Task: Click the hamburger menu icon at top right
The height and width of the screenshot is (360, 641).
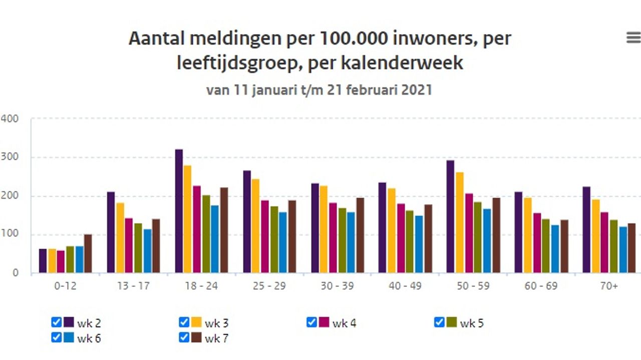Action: tap(633, 38)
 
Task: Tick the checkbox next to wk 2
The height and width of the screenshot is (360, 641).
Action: tap(56, 322)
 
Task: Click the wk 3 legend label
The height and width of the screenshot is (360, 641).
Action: tap(216, 323)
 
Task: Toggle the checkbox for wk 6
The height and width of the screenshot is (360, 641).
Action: tap(56, 337)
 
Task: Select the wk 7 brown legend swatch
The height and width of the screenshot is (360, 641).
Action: tap(196, 337)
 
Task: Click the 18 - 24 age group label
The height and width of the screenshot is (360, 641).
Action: tap(202, 286)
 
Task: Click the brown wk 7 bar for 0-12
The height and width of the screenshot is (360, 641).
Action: tap(88, 253)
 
